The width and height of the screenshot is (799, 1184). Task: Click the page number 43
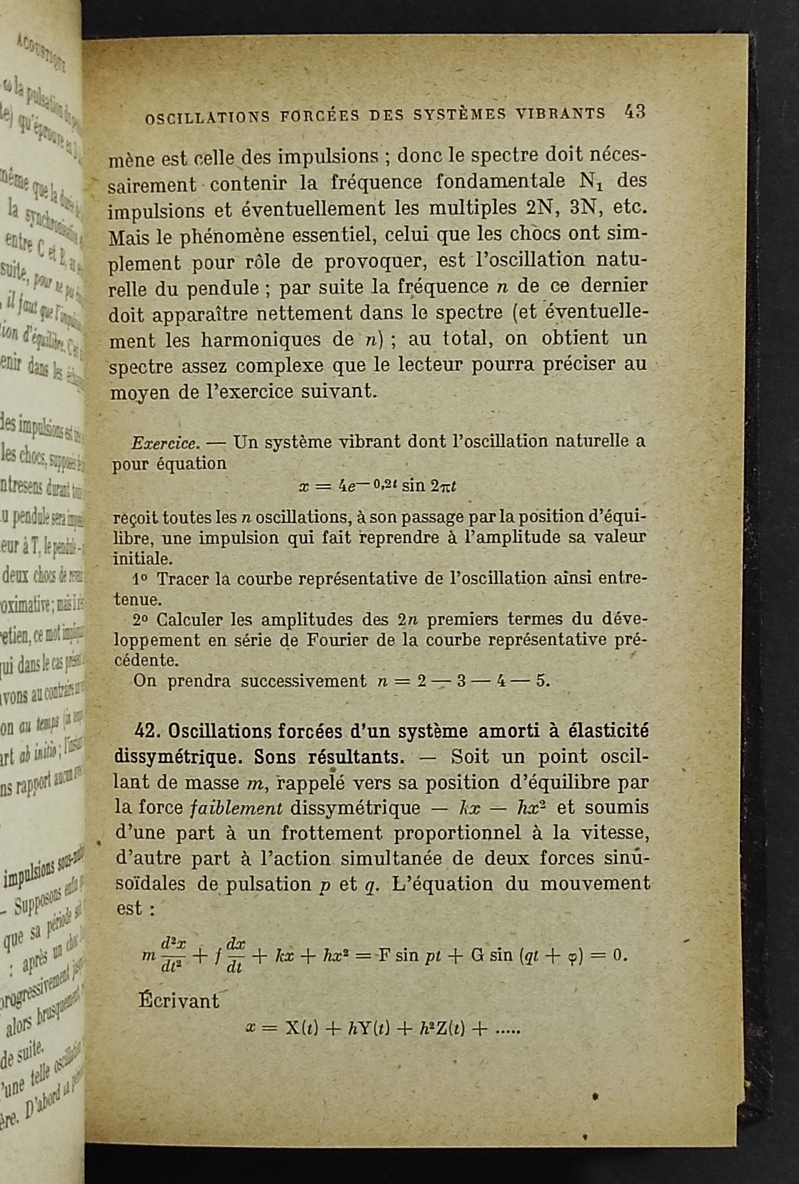point(634,112)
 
